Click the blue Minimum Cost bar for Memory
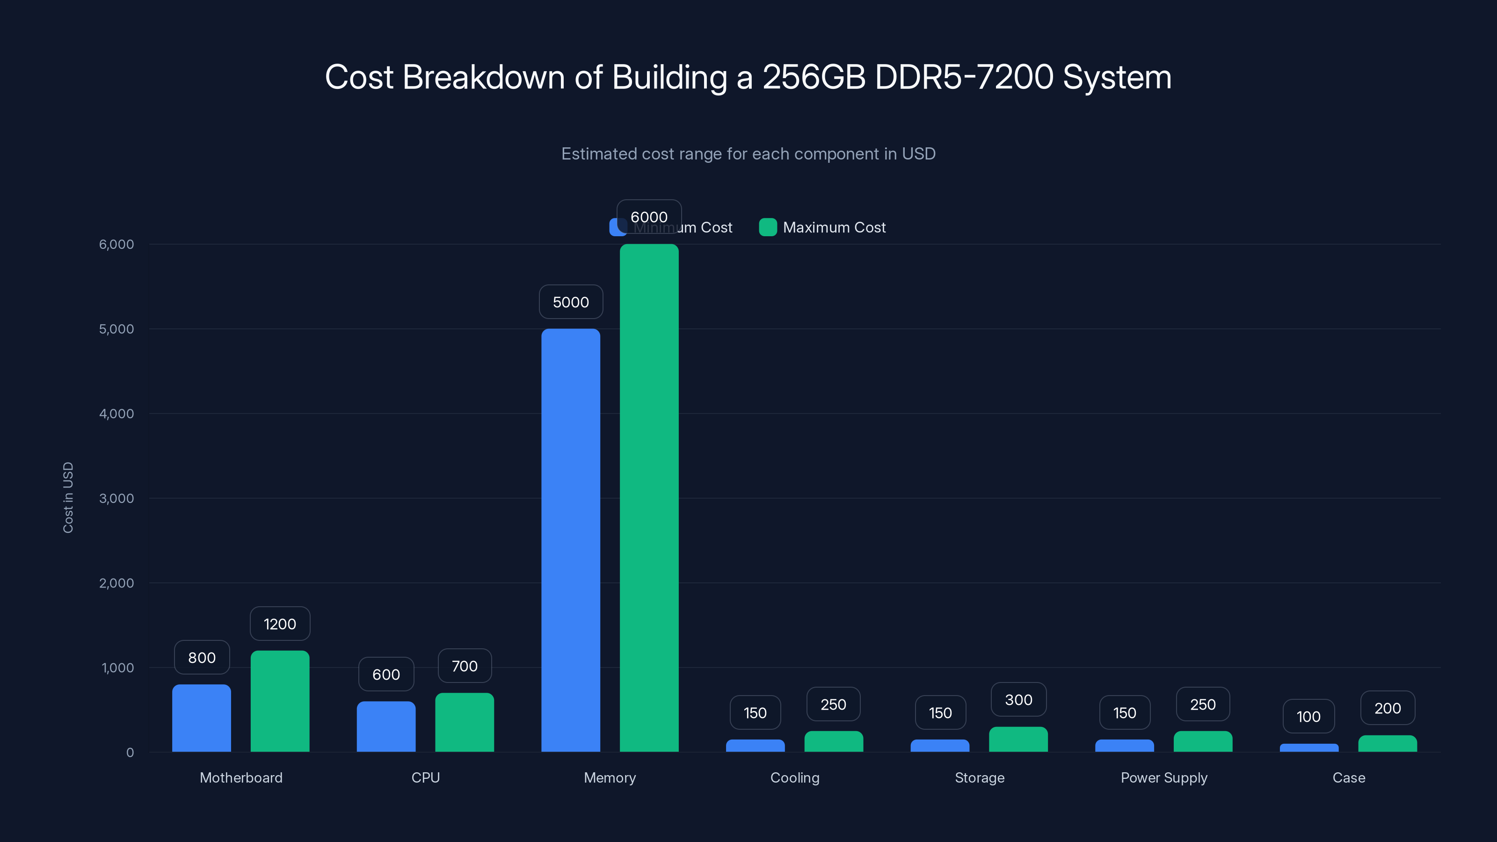(570, 540)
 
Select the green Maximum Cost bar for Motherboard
(280, 701)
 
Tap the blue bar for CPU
(386, 726)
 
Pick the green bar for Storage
(1018, 739)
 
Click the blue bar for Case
(1309, 748)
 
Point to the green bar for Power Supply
(1202, 741)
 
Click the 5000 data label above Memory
(571, 302)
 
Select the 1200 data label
(280, 624)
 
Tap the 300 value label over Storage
(1018, 700)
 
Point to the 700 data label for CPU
(465, 666)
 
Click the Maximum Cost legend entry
(822, 227)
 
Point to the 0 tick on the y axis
(130, 753)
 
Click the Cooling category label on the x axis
(794, 777)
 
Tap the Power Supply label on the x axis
(1163, 777)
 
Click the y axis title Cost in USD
(68, 497)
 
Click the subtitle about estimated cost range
(748, 154)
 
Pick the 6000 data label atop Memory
(648, 217)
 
